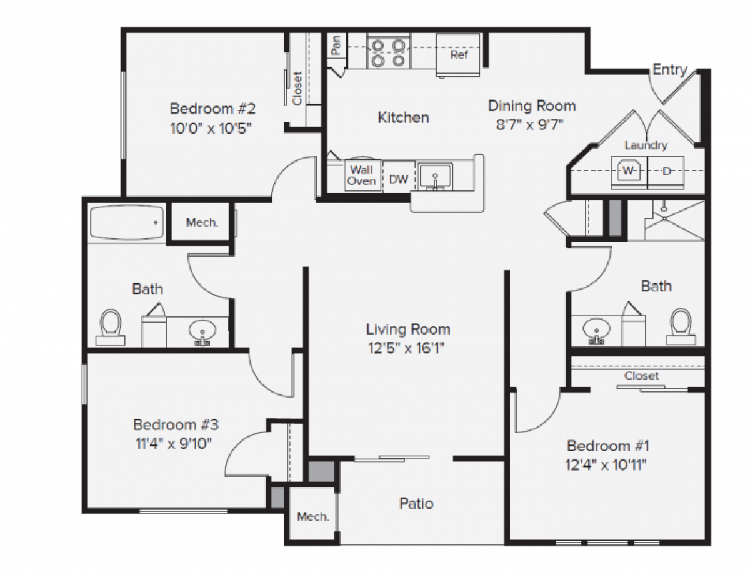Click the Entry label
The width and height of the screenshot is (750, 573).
[x=669, y=69]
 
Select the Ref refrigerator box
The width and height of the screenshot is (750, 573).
[x=459, y=55]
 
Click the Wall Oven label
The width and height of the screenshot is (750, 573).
[x=362, y=175]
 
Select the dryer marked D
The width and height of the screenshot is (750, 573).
[x=666, y=170]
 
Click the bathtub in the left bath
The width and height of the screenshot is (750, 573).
[x=127, y=223]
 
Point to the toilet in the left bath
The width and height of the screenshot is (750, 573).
[x=111, y=325]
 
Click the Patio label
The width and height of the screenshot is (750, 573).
[x=416, y=503]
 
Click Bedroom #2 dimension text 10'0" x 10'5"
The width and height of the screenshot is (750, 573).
[x=212, y=128]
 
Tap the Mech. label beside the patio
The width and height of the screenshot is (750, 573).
[x=312, y=517]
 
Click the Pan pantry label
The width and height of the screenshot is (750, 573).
[x=336, y=45]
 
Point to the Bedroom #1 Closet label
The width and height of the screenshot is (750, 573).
[x=641, y=376]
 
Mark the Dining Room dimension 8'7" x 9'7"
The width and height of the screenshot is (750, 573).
[x=531, y=124]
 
